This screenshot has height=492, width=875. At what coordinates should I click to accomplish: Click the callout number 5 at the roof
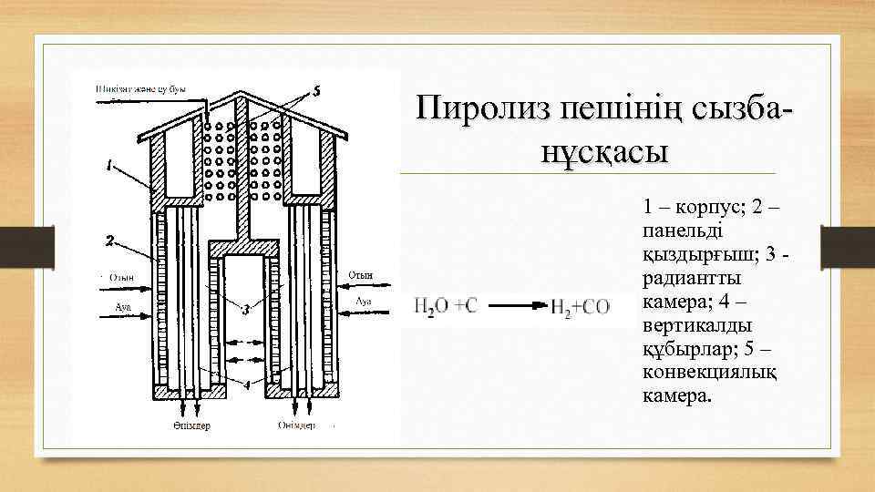[x=316, y=90]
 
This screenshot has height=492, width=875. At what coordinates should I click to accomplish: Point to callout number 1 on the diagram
[x=109, y=166]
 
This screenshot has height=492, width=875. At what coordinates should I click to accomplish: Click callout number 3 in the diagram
[x=245, y=311]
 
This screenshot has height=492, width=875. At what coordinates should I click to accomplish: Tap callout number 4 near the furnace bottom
[x=244, y=384]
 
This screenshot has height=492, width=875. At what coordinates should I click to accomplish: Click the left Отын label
[x=120, y=278]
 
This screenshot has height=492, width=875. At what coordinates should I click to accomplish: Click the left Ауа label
[x=122, y=307]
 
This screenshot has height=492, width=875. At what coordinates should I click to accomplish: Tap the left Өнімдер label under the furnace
[x=190, y=426]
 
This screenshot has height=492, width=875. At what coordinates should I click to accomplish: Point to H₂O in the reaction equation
[x=433, y=306]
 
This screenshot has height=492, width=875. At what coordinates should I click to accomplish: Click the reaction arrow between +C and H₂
[x=514, y=306]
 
